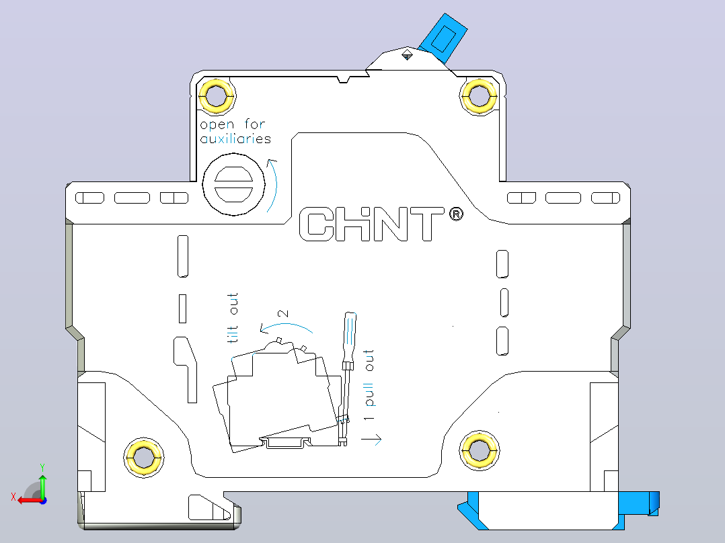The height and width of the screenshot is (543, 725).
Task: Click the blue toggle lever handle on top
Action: click(443, 38)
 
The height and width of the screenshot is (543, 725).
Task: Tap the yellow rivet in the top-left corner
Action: click(216, 96)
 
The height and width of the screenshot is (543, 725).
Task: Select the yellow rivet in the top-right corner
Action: click(479, 96)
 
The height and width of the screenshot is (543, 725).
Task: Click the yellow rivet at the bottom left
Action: click(144, 457)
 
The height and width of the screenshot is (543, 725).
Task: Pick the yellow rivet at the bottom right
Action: click(480, 450)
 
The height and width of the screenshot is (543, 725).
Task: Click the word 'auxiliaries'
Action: click(235, 138)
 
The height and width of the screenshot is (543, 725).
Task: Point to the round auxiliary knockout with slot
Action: click(234, 184)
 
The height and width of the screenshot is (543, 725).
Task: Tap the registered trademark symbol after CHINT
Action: click(456, 214)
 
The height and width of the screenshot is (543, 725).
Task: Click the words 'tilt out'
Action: click(233, 318)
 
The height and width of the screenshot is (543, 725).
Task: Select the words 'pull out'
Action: click(369, 378)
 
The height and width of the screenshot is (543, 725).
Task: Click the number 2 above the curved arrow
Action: click(283, 313)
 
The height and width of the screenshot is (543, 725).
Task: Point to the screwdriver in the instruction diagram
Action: click(347, 379)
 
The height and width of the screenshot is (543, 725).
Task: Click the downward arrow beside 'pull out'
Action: click(371, 439)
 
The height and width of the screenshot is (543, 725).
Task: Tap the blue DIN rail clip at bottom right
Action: click(558, 510)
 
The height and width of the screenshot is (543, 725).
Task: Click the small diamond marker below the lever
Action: click(407, 55)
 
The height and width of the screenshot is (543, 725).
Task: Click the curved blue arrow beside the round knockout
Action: click(273, 185)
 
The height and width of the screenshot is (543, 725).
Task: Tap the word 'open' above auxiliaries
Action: click(217, 125)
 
